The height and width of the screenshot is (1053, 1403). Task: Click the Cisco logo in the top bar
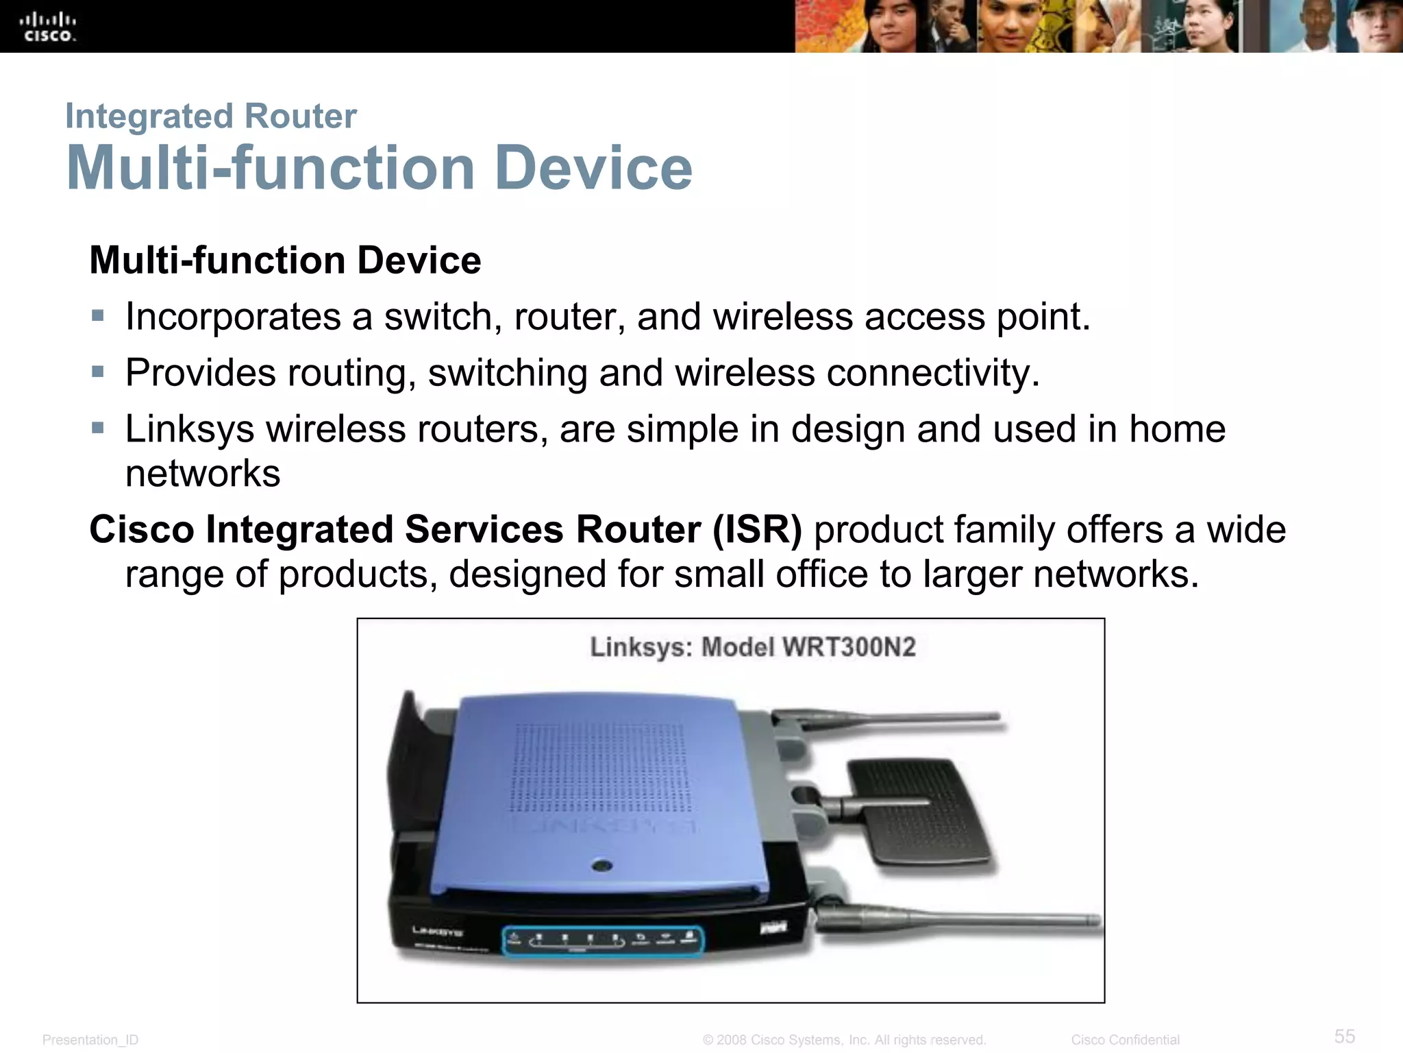point(48,27)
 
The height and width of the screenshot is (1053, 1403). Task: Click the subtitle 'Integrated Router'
point(210,116)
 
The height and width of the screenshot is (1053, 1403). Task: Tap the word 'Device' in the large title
point(593,168)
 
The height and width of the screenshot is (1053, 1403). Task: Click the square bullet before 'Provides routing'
point(98,372)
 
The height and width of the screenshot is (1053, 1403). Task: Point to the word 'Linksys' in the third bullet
point(189,429)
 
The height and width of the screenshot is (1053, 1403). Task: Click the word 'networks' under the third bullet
point(203,473)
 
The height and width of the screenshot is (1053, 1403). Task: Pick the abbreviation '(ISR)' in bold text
point(757,530)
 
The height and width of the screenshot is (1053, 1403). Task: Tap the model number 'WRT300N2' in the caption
point(849,647)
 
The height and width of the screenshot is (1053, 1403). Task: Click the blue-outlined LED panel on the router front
point(603,941)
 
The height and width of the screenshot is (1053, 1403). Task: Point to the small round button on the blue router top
point(602,866)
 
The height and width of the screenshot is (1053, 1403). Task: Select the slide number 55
point(1344,1036)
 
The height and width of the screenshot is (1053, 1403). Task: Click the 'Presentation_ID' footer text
point(90,1040)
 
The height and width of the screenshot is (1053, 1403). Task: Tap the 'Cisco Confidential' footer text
point(1125,1040)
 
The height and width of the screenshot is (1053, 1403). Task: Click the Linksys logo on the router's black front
point(437,932)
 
